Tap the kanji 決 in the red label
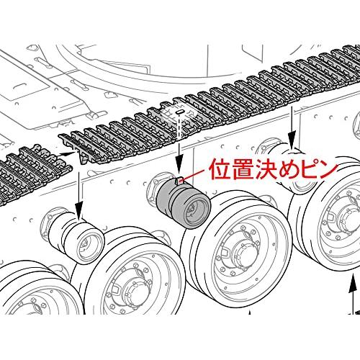[x=266, y=169]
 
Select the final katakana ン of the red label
[x=328, y=169]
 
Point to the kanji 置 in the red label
[x=243, y=169]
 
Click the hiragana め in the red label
[x=289, y=169]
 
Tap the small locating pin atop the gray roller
[x=179, y=181]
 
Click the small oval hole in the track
[x=179, y=112]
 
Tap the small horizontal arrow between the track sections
[x=66, y=153]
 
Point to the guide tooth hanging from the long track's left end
[x=83, y=158]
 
